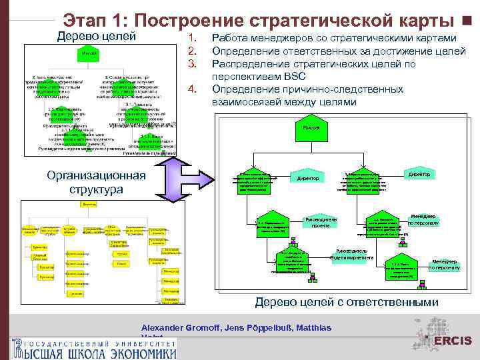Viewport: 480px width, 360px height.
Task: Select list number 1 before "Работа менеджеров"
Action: click(x=193, y=39)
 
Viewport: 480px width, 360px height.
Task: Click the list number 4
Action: click(x=193, y=90)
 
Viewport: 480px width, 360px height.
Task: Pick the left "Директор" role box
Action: click(x=307, y=178)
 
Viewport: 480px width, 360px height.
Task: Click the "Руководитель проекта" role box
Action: click(x=320, y=223)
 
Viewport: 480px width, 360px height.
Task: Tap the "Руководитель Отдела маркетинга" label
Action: click(x=353, y=255)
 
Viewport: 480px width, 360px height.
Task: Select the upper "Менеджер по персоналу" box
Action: click(x=423, y=220)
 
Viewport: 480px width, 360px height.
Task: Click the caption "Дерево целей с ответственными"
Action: click(x=347, y=302)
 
